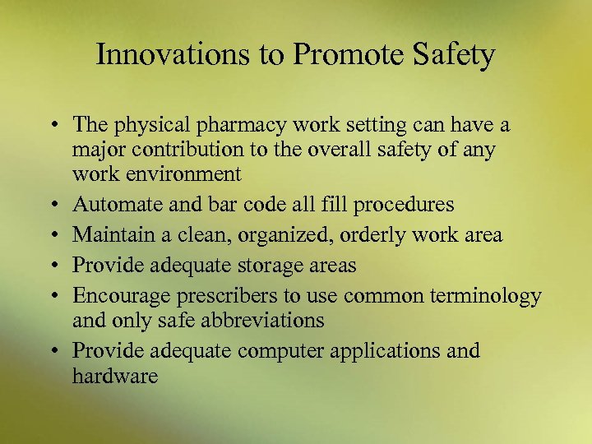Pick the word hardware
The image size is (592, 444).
tap(114, 376)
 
